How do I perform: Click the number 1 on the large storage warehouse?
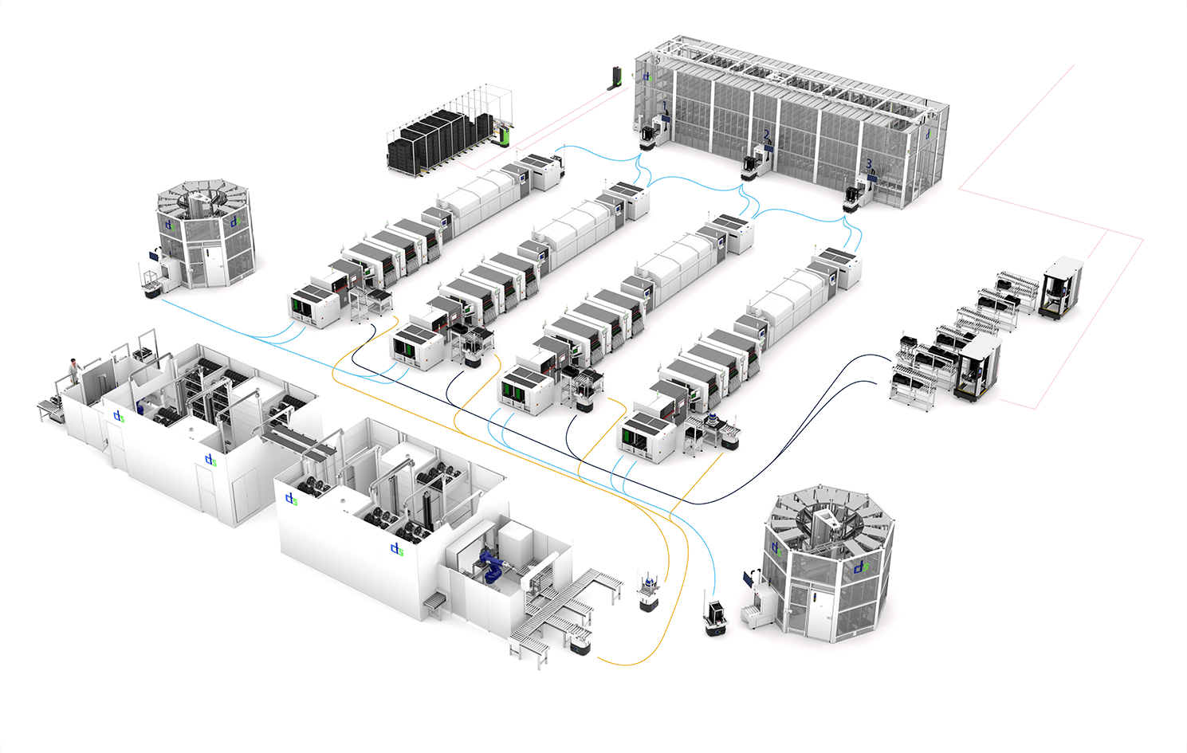(664, 105)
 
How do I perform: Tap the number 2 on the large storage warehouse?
(766, 135)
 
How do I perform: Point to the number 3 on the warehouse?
(869, 163)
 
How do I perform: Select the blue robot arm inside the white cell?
(489, 564)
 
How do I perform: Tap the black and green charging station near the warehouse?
(614, 77)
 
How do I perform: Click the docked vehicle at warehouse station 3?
(854, 198)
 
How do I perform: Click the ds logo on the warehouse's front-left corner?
(647, 76)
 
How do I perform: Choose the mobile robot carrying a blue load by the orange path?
(649, 594)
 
